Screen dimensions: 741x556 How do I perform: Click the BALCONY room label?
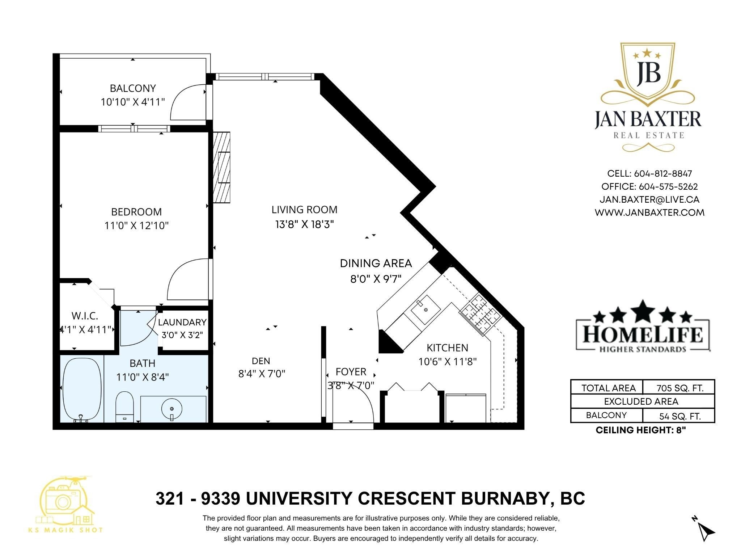pyautogui.click(x=133, y=88)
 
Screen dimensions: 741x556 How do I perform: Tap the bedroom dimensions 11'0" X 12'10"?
pyautogui.click(x=137, y=226)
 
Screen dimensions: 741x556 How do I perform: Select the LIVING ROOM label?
pyautogui.click(x=304, y=210)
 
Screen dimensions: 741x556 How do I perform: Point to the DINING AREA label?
pyautogui.click(x=376, y=263)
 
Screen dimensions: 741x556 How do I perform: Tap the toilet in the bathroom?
pyautogui.click(x=124, y=407)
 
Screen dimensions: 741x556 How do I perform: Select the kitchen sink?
pyautogui.click(x=425, y=310)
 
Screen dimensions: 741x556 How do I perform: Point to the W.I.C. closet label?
pyautogui.click(x=85, y=316)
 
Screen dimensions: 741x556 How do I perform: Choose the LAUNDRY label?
pyautogui.click(x=182, y=322)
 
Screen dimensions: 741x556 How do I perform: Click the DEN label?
pyautogui.click(x=261, y=361)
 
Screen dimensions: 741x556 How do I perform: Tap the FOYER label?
pyautogui.click(x=351, y=372)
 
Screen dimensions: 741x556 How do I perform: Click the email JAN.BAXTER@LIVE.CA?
pyautogui.click(x=649, y=199)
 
